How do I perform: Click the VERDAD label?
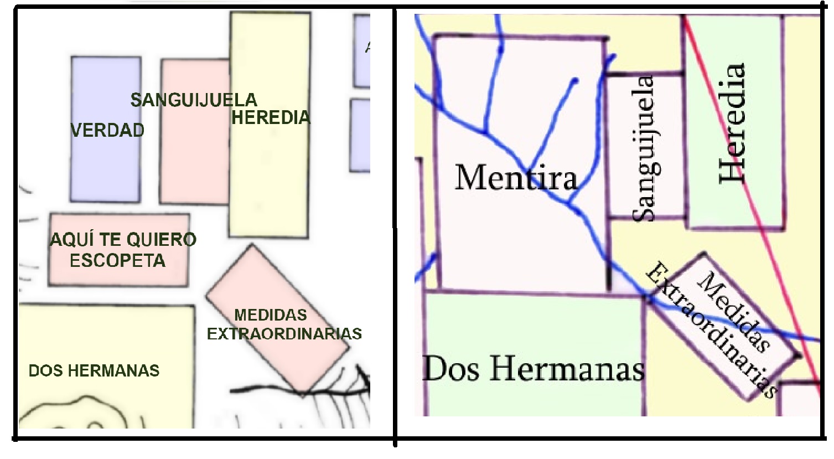point(107,130)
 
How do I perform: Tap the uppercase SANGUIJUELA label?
point(194,100)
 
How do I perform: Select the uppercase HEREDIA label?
point(271,117)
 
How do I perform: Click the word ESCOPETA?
point(117,261)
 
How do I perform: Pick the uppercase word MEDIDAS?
point(271,315)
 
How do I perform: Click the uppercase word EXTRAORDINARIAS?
point(284,334)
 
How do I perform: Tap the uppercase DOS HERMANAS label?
point(94,370)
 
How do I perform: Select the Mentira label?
point(516,178)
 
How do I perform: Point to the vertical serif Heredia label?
point(732,123)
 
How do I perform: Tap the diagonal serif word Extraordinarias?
point(712,330)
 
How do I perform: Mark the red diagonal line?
point(775,249)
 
